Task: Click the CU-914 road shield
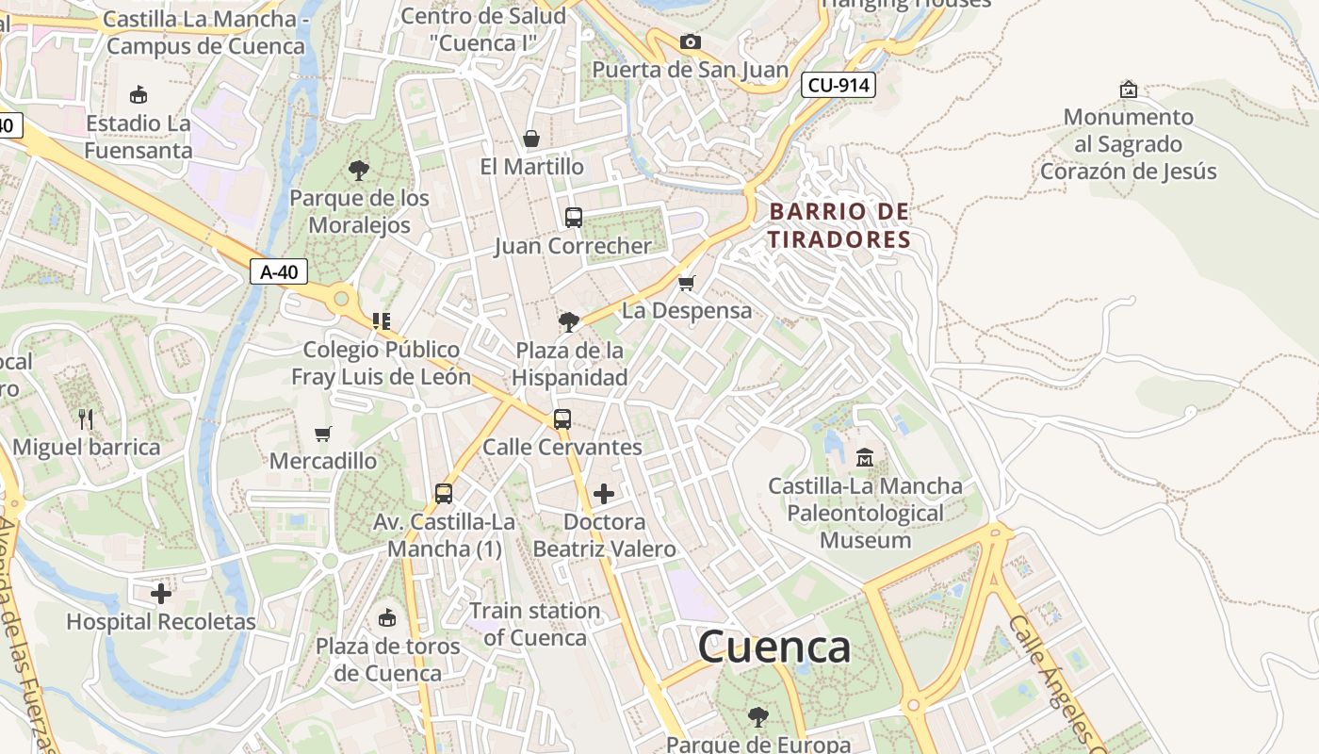tap(839, 86)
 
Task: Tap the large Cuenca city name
tap(774, 647)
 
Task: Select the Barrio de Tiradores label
tap(839, 225)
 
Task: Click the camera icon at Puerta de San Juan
tap(690, 41)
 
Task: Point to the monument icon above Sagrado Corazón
tap(1128, 90)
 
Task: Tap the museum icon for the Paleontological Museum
tap(865, 458)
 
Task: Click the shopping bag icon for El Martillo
tap(531, 139)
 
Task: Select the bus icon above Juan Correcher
tap(573, 218)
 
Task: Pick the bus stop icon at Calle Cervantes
tap(562, 419)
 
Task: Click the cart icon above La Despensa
tap(687, 283)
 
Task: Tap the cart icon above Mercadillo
tap(323, 434)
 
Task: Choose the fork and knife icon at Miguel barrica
tap(86, 419)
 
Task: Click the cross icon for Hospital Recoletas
tap(161, 594)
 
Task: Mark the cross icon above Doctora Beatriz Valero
tap(604, 494)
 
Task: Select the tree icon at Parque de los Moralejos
tap(358, 171)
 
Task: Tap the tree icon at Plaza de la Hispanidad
tap(569, 322)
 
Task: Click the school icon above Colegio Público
tap(381, 321)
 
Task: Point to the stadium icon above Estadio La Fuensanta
tap(138, 95)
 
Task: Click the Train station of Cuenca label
tap(534, 624)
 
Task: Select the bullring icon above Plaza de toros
tap(386, 618)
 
